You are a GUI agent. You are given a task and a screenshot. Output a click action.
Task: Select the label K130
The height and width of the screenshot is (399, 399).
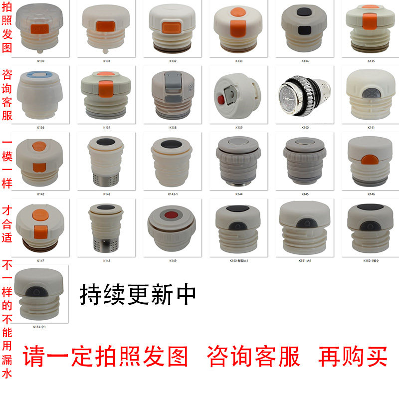click(x=41, y=61)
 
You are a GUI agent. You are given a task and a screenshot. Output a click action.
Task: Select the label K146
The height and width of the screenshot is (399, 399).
click(x=372, y=194)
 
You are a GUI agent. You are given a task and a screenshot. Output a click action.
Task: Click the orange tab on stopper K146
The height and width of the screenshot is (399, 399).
click(x=369, y=159)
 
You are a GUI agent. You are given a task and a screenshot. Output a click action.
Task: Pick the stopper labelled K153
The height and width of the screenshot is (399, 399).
click(x=40, y=294)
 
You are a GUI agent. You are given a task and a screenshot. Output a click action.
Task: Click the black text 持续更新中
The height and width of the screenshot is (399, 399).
click(x=138, y=295)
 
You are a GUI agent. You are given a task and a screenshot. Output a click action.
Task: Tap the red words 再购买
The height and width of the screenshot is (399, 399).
click(x=353, y=356)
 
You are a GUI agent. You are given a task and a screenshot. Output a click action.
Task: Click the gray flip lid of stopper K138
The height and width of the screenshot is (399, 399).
click(x=172, y=80)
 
